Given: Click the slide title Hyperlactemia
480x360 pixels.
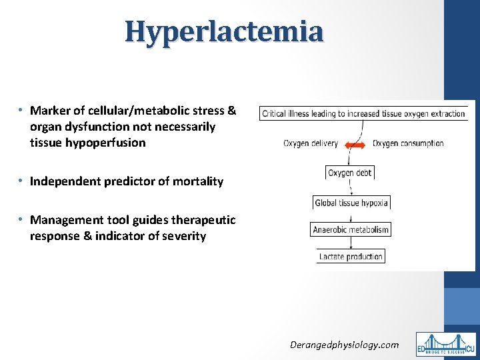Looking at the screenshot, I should coord(224,31).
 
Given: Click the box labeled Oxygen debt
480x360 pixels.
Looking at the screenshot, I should coord(350,173).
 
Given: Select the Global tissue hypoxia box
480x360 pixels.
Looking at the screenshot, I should coord(351,203).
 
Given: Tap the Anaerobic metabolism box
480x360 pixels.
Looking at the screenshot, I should coord(351,229).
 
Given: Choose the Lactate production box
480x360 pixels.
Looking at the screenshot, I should coord(351,257).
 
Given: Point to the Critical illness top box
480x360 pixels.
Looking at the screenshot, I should coord(363,114).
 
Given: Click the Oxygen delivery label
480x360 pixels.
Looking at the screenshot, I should coord(311,143).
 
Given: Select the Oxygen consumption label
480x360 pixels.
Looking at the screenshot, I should coord(408,143).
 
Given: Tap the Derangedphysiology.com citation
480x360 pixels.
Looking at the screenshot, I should coord(344,345).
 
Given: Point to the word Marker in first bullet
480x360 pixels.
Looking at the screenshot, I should coord(48,111).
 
